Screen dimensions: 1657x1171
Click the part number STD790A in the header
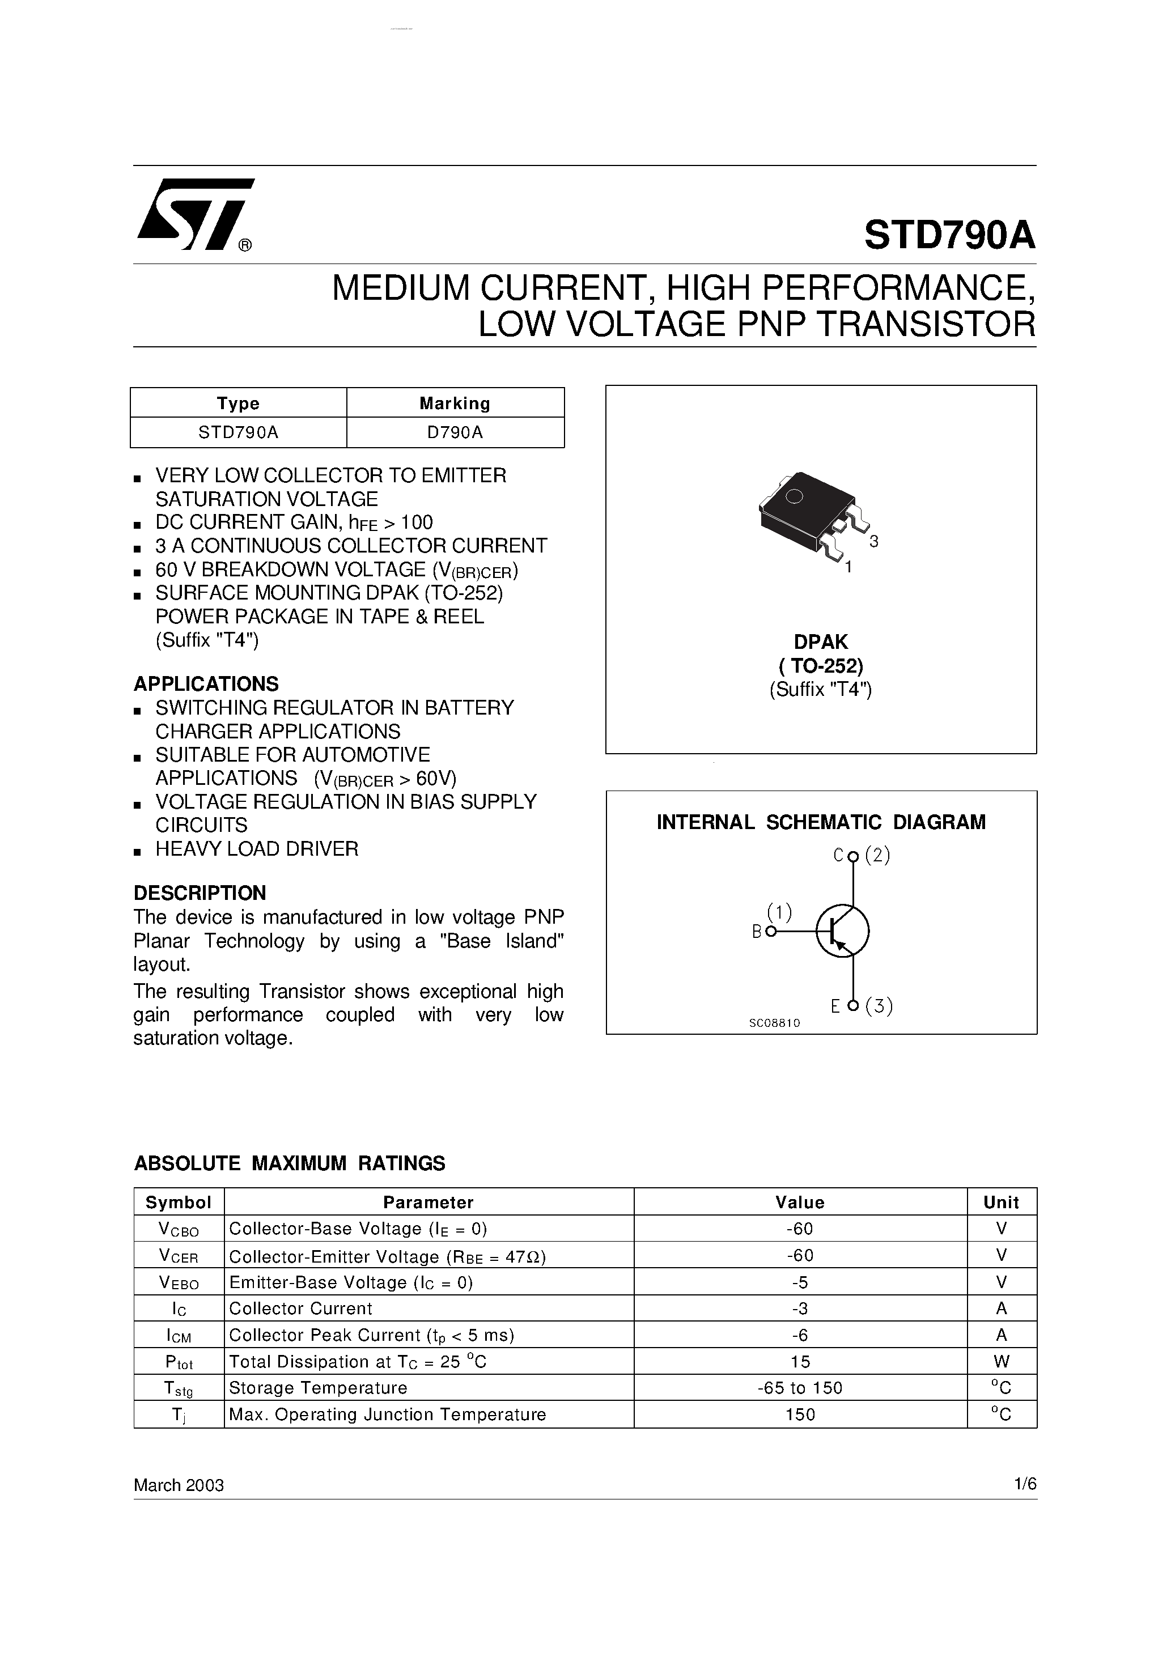tap(949, 235)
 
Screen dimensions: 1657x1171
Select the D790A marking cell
tap(455, 432)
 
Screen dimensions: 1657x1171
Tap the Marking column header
tap(455, 403)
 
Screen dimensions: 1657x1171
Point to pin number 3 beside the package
tap(873, 542)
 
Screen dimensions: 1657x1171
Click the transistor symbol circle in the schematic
tap(842, 931)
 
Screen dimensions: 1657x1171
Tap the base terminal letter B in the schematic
tap(757, 932)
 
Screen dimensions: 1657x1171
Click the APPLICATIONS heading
tap(206, 683)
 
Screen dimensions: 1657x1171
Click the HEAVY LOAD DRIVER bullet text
tap(256, 849)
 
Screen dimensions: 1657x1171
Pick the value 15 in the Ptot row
tap(800, 1362)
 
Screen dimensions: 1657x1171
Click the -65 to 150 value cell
tap(800, 1388)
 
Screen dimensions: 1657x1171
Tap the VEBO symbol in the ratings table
tap(179, 1283)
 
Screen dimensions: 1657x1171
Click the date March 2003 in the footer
tap(179, 1485)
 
